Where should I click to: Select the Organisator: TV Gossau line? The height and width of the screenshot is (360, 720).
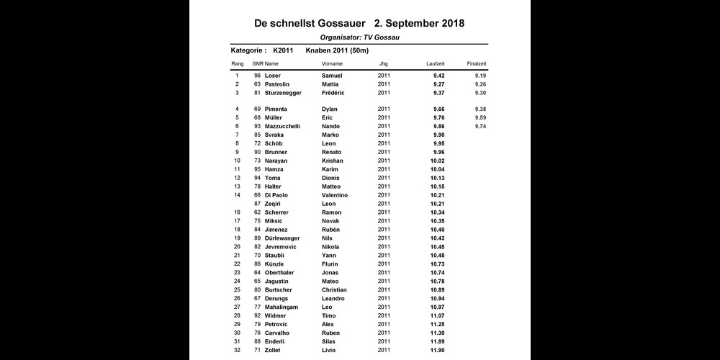point(360,37)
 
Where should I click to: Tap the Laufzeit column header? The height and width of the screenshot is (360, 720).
point(436,64)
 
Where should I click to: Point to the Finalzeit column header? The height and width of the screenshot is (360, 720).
point(477,64)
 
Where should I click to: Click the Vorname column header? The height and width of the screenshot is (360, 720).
point(333,64)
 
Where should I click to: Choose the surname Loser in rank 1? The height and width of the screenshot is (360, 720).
point(273,76)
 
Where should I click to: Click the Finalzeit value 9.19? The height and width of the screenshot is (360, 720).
point(481,76)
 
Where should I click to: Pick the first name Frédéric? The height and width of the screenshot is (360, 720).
point(333,93)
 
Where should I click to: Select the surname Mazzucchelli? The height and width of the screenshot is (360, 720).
point(282,126)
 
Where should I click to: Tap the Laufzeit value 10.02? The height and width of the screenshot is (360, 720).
point(438,161)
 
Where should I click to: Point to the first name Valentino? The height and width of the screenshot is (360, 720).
point(334,195)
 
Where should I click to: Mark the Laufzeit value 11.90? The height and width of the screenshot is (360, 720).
point(438,351)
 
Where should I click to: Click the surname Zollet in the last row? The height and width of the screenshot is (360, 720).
point(273,351)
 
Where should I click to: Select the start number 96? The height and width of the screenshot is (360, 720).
point(257,76)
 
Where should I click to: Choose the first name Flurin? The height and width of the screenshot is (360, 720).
point(330,264)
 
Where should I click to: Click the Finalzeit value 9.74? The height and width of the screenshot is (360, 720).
point(481,126)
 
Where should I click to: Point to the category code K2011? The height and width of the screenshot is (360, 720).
point(283,50)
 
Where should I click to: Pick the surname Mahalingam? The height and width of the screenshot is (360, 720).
point(282,307)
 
